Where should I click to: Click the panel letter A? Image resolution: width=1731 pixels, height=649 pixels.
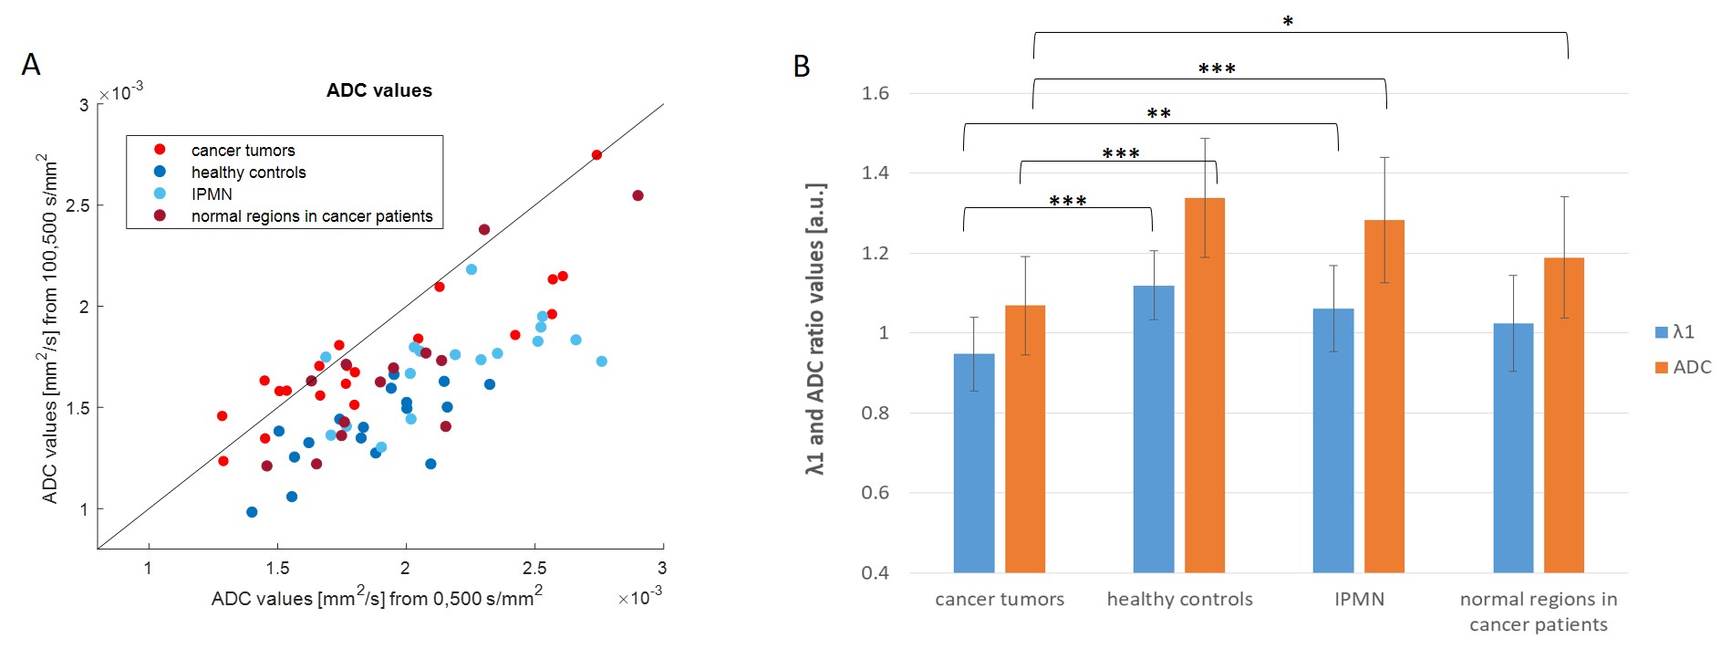[x=31, y=65]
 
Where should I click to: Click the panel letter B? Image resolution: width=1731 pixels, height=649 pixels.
[x=802, y=67]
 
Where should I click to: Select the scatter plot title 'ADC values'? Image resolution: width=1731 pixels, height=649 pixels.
[x=379, y=90]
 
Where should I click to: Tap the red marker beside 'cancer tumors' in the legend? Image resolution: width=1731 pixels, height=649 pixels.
[x=160, y=150]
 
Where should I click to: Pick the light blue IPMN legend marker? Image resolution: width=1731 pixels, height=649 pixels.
[x=160, y=194]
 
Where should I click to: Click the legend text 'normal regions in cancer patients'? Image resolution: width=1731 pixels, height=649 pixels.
[x=312, y=216]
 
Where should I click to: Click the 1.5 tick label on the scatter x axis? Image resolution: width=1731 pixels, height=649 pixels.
[x=277, y=569]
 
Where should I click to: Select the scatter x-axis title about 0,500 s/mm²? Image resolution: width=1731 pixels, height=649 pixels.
[x=377, y=598]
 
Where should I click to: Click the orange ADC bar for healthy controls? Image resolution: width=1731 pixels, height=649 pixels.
[x=1204, y=383]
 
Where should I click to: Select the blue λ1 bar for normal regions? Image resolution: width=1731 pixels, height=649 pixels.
[x=1513, y=447]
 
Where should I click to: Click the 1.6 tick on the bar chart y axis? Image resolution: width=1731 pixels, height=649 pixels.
[x=875, y=93]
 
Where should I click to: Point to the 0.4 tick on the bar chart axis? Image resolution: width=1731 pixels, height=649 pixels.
[x=875, y=573]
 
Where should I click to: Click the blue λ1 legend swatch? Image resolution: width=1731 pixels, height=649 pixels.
[x=1662, y=332]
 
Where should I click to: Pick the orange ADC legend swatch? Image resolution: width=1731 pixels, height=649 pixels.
[x=1662, y=367]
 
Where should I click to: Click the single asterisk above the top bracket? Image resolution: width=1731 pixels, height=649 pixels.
[x=1288, y=21]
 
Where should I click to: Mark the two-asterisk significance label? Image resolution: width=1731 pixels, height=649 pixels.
[x=1158, y=114]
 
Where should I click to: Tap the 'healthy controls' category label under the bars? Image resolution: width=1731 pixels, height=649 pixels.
[x=1179, y=600]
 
